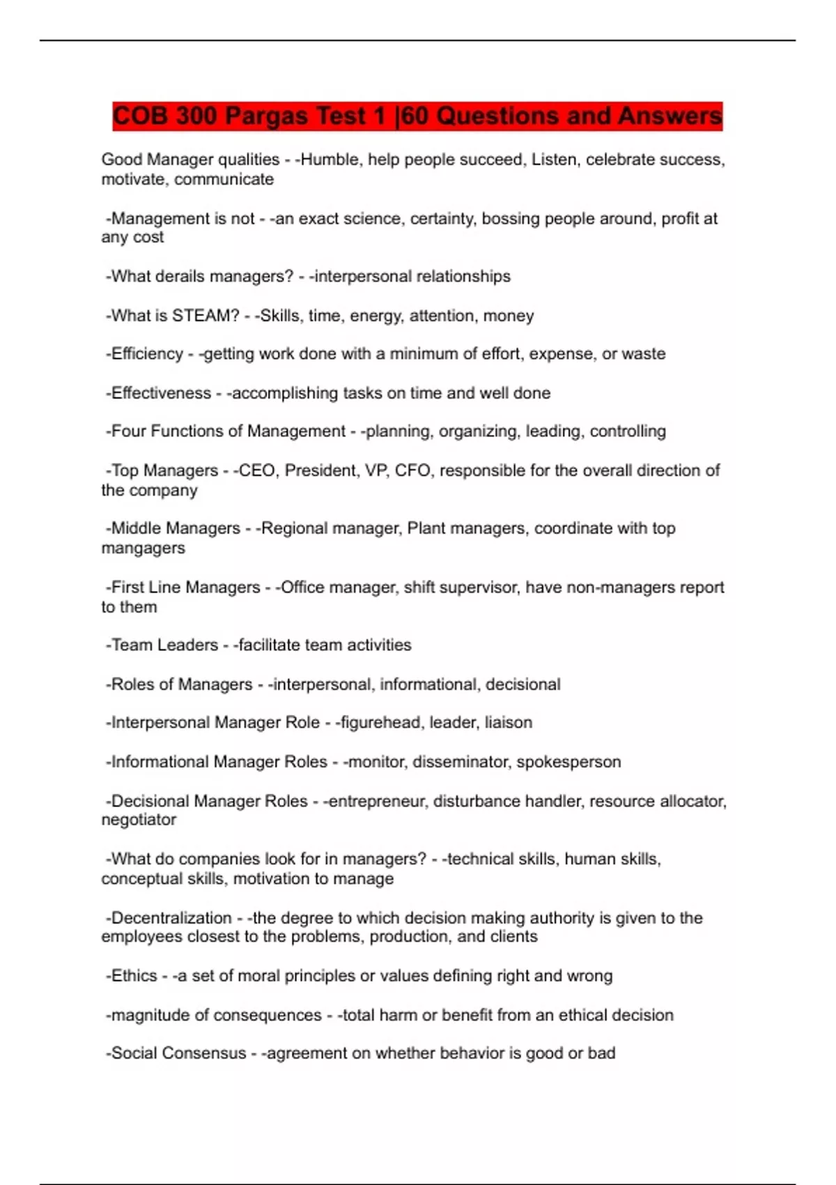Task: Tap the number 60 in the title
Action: (415, 116)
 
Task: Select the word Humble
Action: (331, 160)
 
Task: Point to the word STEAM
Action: (206, 316)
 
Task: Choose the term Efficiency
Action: (147, 354)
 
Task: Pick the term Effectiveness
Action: (161, 393)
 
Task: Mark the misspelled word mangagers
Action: (143, 549)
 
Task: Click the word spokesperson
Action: (568, 762)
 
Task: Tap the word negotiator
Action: (139, 820)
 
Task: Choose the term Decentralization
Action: (171, 918)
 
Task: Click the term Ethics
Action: (134, 976)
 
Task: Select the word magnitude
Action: (148, 1016)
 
